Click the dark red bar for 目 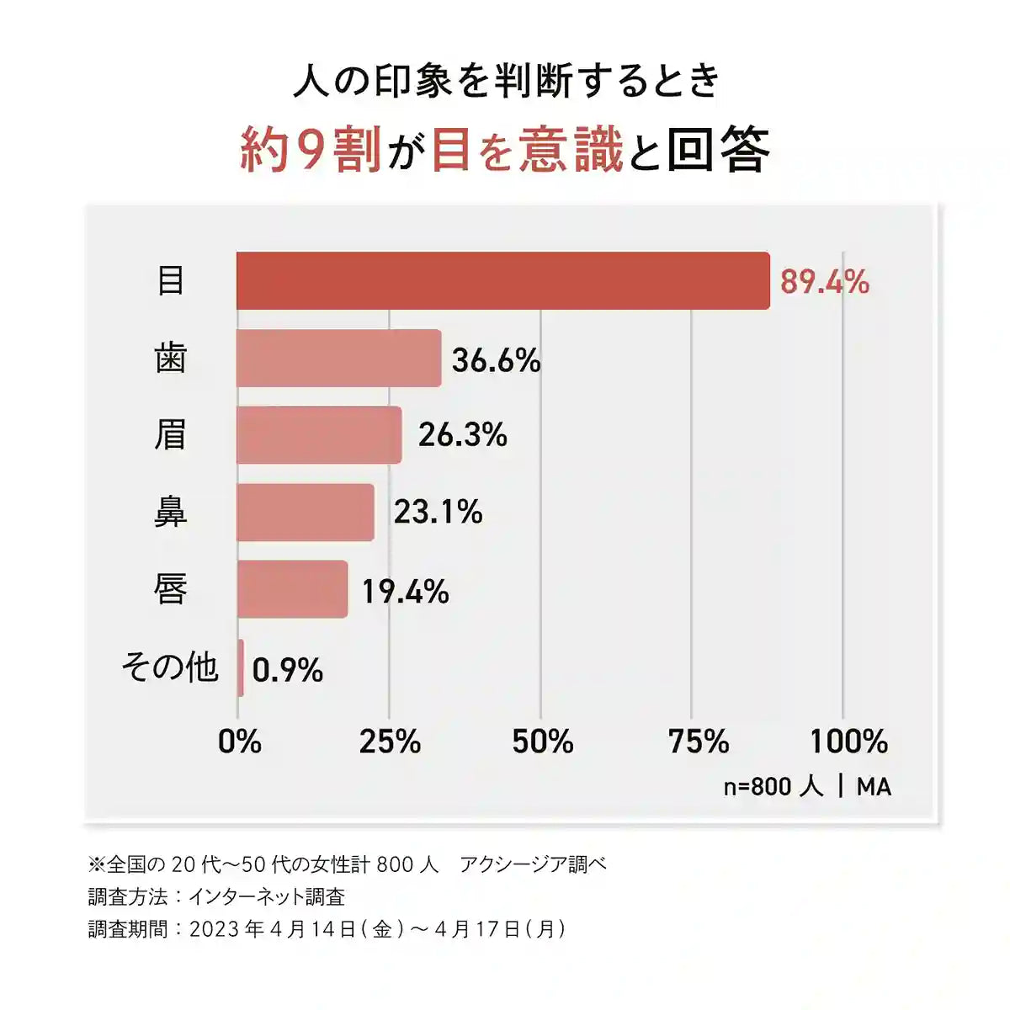pos(502,280)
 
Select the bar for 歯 pos(338,358)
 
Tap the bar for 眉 pos(319,435)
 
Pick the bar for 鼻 pos(305,512)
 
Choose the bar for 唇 pos(292,589)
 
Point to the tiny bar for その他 pos(241,667)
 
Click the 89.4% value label pos(824,281)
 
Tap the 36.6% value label pos(496,360)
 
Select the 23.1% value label pos(438,512)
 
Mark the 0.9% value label pos(287,670)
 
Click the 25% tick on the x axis pos(390,742)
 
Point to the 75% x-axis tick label pos(698,742)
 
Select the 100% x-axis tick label pos(848,742)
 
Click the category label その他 pos(170,667)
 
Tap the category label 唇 pos(170,589)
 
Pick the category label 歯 pos(170,358)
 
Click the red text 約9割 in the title pos(311,150)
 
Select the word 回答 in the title pos(718,150)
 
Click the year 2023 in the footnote pos(214,929)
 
